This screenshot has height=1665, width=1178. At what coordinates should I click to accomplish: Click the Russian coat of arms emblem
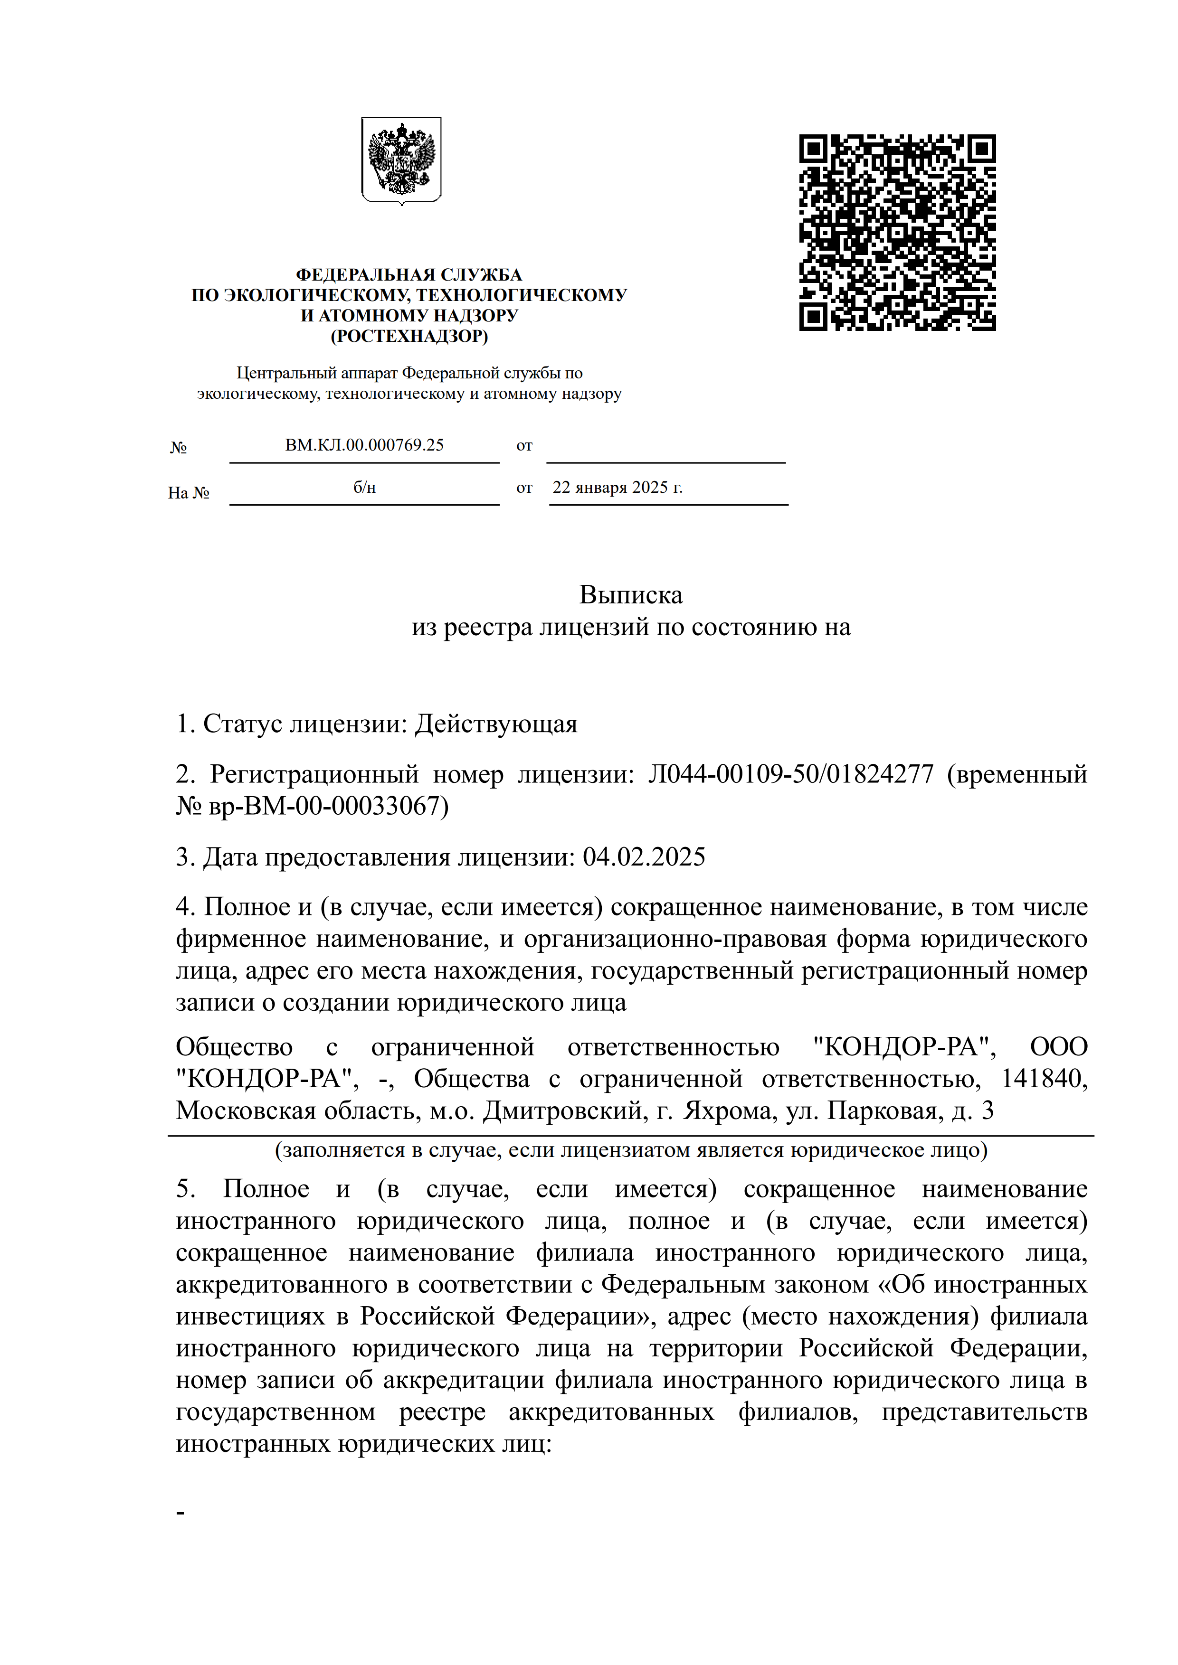[x=401, y=160]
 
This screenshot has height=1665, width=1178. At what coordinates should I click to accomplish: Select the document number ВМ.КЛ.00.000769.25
[x=364, y=445]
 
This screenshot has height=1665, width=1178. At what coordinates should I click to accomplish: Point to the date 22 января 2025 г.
[x=617, y=487]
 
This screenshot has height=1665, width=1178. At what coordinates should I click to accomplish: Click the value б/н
[x=364, y=487]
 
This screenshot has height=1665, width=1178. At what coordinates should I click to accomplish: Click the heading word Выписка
[x=630, y=594]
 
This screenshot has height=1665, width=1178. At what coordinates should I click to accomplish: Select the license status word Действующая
[x=496, y=724]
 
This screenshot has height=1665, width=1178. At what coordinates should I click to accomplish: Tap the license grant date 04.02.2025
[x=644, y=857]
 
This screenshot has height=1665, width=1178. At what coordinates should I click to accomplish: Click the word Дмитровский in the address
[x=564, y=1110]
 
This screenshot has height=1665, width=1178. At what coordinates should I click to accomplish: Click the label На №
[x=189, y=493]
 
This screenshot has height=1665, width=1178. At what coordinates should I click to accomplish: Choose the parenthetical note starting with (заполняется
[x=630, y=1150]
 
